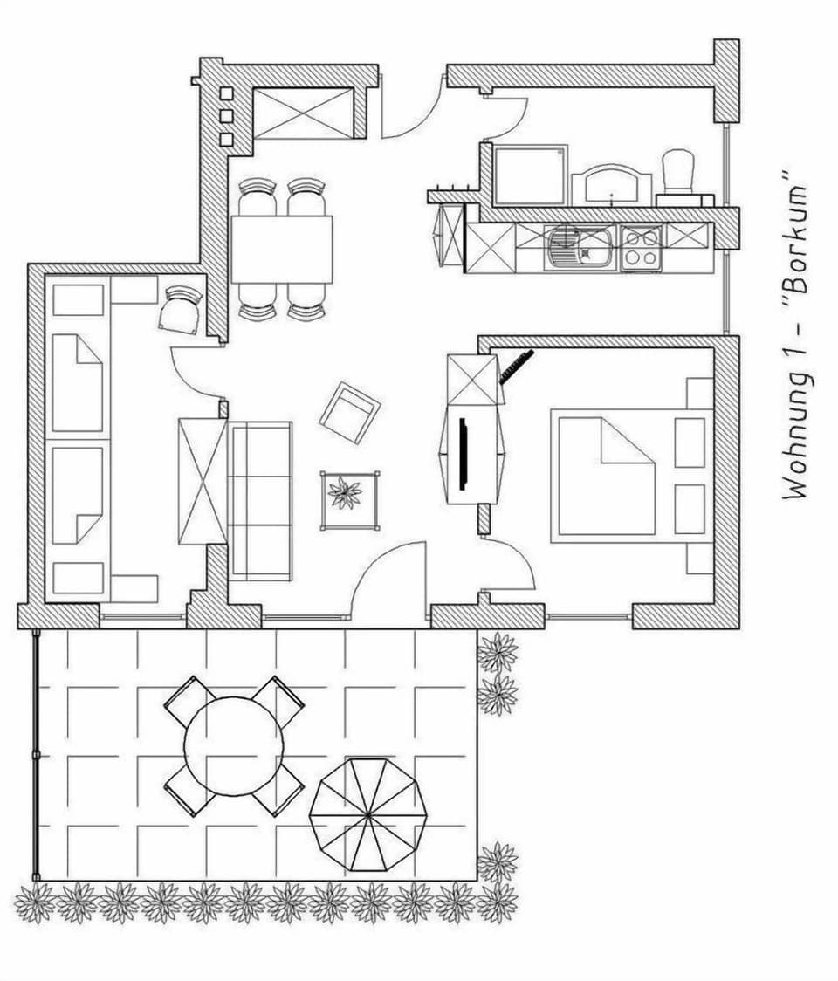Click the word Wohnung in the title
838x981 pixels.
[795, 445]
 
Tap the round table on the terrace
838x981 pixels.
[234, 745]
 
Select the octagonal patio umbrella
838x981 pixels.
[367, 815]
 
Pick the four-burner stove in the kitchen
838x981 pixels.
[642, 247]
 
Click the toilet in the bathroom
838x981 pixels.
[678, 172]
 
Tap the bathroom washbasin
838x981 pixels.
[612, 183]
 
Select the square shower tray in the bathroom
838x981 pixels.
[529, 175]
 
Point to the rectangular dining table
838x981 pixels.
[281, 249]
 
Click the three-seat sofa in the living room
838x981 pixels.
[260, 500]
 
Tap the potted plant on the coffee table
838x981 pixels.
[347, 493]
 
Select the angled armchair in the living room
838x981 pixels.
[349, 412]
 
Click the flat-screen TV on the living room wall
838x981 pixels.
[463, 455]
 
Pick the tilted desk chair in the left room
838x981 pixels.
[182, 310]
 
